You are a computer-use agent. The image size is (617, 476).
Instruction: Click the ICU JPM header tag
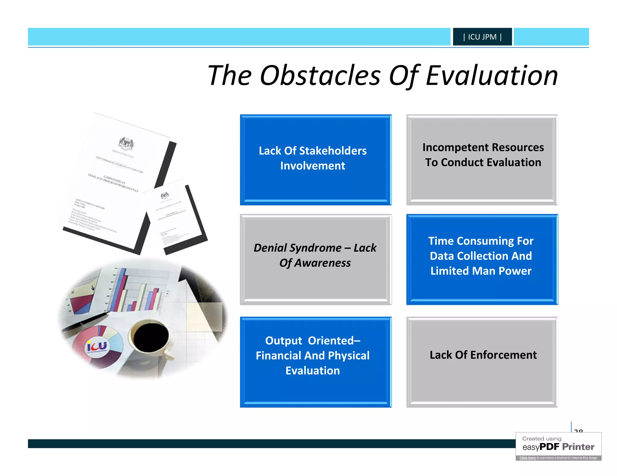[482, 37]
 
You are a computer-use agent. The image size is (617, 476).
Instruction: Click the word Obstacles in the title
[320, 76]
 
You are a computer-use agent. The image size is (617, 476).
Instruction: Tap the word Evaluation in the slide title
[492, 76]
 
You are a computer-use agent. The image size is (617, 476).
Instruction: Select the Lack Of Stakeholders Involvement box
[315, 160]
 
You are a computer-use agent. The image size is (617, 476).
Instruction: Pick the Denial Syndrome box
[315, 259]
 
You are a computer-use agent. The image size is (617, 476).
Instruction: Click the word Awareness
[322, 263]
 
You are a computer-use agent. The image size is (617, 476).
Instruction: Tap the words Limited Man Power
[481, 271]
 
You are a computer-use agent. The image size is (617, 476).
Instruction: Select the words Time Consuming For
[481, 241]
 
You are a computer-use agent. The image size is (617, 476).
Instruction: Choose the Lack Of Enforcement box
[482, 362]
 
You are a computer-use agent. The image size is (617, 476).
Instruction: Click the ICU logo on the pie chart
[97, 347]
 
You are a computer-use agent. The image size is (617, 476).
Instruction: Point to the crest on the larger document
[126, 143]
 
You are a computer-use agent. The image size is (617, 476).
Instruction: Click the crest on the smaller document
[164, 196]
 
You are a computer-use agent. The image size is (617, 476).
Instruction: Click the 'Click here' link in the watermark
[528, 458]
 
